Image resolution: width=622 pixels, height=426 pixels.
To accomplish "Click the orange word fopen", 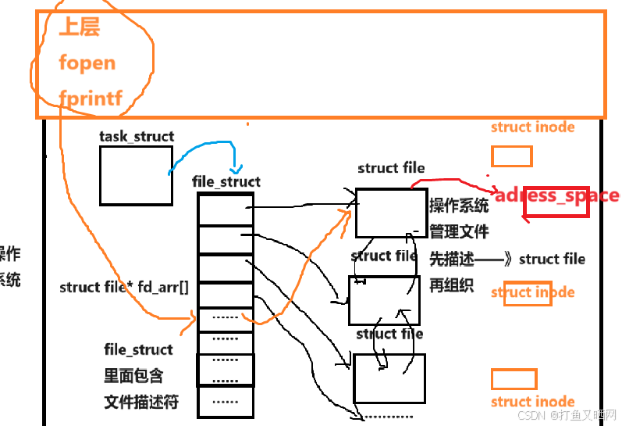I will point(87,63).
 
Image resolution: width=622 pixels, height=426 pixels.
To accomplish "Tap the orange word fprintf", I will point(91,98).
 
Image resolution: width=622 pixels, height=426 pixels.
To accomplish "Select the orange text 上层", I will point(80,28).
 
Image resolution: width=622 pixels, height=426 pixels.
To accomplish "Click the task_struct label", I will point(137,137).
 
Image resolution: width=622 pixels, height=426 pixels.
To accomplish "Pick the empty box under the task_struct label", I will point(136,176).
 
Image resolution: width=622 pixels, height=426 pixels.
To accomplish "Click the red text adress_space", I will point(556,195).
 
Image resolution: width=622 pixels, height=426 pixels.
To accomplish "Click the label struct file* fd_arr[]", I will point(123,288).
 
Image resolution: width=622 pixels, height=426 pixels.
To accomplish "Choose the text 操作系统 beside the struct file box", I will point(459,206).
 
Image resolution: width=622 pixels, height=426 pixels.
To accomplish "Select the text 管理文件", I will point(459,232).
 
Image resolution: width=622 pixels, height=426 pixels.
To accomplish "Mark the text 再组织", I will point(451,285).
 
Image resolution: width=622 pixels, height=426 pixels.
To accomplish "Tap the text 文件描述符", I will point(141,403).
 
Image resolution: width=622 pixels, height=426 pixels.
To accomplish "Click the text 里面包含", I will point(133,376).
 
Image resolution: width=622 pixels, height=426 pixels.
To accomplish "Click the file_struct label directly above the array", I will point(226,181).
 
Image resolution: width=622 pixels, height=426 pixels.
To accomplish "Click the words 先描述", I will point(451,259).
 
